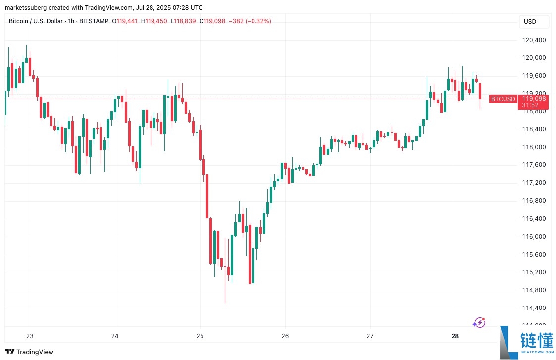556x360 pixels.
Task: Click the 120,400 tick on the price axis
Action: (534, 40)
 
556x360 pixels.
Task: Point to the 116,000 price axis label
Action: (534, 236)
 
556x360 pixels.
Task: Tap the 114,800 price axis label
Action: (534, 290)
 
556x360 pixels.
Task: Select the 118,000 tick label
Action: (534, 147)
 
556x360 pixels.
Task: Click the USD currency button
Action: (530, 22)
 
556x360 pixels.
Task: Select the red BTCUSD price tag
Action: (502, 99)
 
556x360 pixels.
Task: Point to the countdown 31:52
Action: (531, 105)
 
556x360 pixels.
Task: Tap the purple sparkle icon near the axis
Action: (479, 323)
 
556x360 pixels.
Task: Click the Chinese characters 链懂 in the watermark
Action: (536, 341)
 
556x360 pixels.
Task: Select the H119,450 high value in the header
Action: (154, 21)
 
